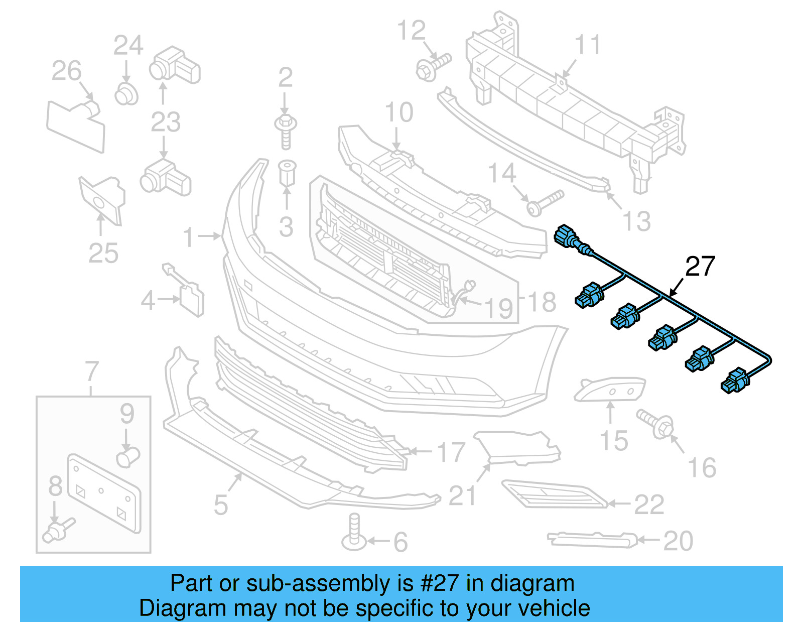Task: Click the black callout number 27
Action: (700, 266)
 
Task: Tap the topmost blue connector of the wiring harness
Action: (566, 236)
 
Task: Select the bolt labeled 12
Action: (433, 67)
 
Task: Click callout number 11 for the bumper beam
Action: (587, 45)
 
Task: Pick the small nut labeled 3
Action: (287, 173)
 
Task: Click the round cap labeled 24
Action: (126, 94)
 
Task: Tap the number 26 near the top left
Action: (66, 71)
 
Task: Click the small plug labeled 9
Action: (127, 457)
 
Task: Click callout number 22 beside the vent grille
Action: (649, 505)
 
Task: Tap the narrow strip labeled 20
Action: (592, 540)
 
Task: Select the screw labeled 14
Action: (544, 202)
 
